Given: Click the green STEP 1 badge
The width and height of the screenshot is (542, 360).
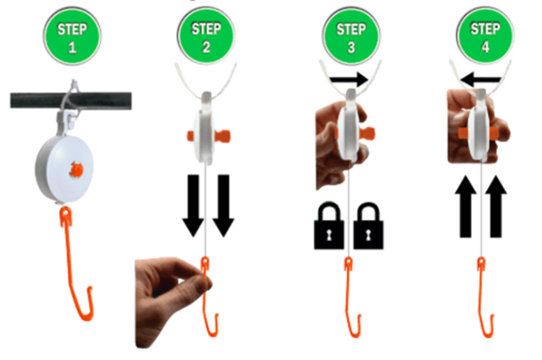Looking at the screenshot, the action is click(x=72, y=37).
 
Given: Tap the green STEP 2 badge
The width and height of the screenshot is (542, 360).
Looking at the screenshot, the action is click(x=206, y=37).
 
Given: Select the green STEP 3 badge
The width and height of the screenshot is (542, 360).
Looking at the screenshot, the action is click(x=351, y=37).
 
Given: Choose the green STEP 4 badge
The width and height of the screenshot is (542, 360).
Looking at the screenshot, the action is click(x=485, y=36).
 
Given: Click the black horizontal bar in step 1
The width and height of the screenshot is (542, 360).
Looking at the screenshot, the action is click(x=70, y=101).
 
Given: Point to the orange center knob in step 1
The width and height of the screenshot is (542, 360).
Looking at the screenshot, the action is click(x=76, y=170).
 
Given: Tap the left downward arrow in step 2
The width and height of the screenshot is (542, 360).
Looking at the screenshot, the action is click(x=193, y=206).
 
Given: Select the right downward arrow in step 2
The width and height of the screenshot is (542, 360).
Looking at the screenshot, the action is click(x=223, y=206).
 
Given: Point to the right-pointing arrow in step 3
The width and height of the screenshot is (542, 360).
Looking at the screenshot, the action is click(x=349, y=79).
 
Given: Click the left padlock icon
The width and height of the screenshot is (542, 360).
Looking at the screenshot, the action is click(x=329, y=226).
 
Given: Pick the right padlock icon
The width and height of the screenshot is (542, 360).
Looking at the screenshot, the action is click(x=368, y=226).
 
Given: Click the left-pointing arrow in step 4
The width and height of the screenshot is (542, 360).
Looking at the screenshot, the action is click(x=481, y=79).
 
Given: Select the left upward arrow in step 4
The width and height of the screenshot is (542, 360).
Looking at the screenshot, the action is click(x=465, y=206).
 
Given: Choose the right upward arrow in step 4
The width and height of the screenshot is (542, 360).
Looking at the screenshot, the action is click(x=495, y=206).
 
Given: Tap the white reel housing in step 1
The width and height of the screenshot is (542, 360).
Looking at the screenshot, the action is click(x=64, y=169).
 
